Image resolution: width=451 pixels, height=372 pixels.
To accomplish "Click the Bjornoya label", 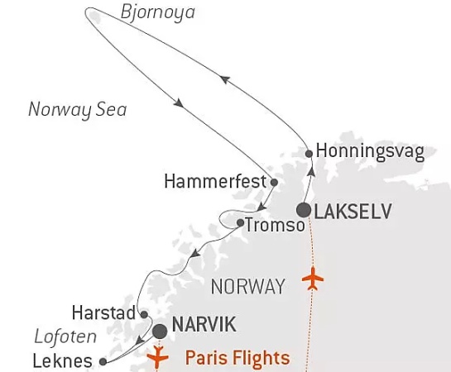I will [157, 13].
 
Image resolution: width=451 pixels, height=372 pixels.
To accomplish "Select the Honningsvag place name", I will [371, 153].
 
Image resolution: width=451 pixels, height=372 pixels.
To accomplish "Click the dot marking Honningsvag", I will [309, 153].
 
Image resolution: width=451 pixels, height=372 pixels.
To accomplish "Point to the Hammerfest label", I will [216, 180].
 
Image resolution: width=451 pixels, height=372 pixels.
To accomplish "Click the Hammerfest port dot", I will [274, 180].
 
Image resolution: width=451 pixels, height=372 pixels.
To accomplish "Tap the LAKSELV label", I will [352, 211].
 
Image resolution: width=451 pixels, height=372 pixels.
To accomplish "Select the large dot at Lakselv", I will [304, 210].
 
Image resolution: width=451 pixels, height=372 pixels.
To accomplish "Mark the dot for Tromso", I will [239, 223].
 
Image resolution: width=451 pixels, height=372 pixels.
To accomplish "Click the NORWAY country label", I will [248, 287].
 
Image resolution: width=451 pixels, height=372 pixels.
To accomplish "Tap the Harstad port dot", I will [143, 314].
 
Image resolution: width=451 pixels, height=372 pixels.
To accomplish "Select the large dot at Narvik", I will [159, 331].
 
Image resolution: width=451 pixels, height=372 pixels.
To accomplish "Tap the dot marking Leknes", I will [103, 361].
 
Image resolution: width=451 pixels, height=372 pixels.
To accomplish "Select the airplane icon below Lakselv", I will [314, 279].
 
